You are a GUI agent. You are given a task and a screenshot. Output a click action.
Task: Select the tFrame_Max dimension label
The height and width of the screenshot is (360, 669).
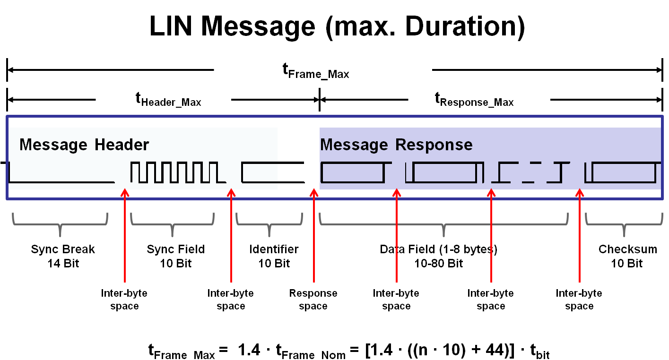point(316,72)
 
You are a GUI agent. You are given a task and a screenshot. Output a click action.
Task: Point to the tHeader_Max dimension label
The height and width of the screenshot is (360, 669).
point(168,100)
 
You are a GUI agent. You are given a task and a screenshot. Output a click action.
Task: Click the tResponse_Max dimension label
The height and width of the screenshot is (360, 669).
point(474,100)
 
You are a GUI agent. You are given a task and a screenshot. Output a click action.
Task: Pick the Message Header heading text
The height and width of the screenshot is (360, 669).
point(84,145)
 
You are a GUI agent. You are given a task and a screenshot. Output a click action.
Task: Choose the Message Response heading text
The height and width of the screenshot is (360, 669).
point(396,145)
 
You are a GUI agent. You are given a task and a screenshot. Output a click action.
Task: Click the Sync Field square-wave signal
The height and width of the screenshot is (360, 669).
point(174,173)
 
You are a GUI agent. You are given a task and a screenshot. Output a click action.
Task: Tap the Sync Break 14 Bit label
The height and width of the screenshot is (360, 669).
point(63,256)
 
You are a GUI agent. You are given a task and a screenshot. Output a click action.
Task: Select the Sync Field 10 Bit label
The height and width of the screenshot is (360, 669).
point(175,256)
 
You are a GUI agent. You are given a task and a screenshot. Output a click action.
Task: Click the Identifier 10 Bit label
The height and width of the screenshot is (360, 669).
point(274,256)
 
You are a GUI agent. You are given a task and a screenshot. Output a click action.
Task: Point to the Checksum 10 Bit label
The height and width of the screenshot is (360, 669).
point(627,256)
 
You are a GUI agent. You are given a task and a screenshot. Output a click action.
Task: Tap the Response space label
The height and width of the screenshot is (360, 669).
point(313,300)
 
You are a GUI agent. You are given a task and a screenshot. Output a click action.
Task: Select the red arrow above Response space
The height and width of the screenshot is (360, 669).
point(313,236)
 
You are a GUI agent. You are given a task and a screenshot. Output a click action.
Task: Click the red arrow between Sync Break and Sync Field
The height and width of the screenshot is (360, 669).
point(124,236)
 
